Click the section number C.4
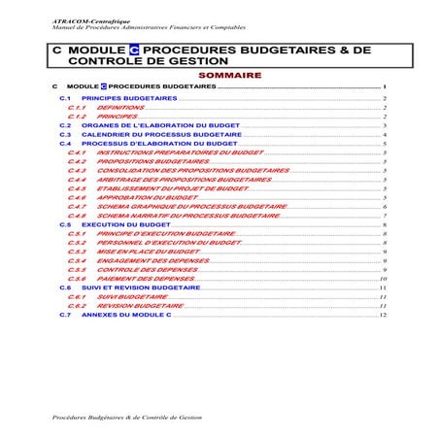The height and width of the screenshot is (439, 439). point(65,143)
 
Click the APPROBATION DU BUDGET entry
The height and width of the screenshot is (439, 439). point(142,197)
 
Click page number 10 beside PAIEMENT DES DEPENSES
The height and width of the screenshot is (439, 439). point(385,279)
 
